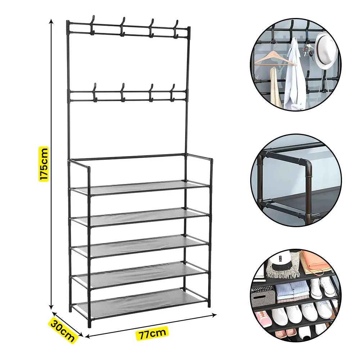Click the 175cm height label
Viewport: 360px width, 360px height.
pyautogui.click(x=44, y=164)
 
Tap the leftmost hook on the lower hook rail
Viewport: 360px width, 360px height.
pyautogui.click(x=94, y=92)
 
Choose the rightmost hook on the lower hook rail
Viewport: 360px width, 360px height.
pyautogui.click(x=172, y=93)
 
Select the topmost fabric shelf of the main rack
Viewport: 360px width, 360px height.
pyautogui.click(x=140, y=187)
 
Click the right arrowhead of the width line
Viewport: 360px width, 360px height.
pyautogui.click(x=214, y=315)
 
